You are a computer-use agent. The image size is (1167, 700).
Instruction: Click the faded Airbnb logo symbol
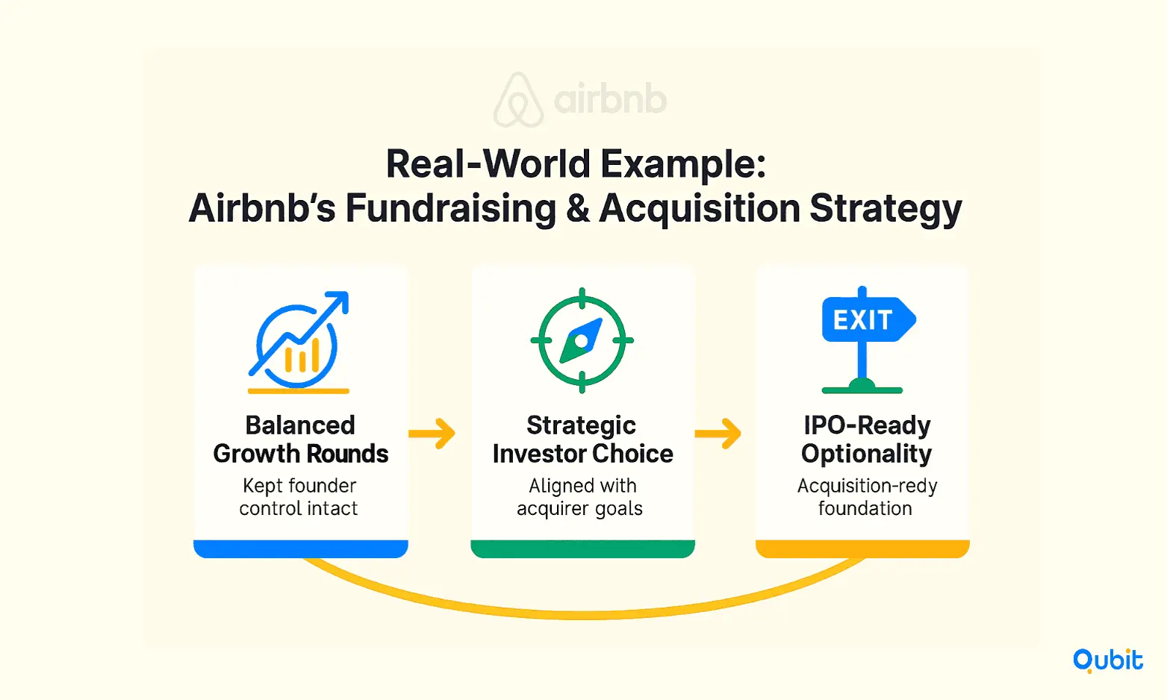[518, 99]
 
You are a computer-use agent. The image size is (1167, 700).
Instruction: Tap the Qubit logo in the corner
[1107, 660]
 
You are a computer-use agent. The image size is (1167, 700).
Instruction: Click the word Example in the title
[683, 165]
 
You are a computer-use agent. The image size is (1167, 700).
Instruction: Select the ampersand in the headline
[577, 208]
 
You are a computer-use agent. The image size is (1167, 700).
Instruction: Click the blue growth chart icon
[299, 342]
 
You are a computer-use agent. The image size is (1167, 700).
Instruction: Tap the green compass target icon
[582, 340]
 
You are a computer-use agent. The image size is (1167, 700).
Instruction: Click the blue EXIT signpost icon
[868, 340]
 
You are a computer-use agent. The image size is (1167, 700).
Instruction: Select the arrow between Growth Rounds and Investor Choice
[432, 434]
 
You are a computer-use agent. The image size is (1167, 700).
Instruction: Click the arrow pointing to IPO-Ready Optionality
[718, 434]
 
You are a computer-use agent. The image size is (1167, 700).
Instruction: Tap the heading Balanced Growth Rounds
[301, 439]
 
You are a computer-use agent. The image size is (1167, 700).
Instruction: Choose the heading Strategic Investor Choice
[582, 439]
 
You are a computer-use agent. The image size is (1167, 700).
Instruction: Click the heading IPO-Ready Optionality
[866, 439]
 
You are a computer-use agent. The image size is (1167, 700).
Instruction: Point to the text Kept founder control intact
[299, 497]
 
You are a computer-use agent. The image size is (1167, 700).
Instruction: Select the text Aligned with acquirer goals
[580, 498]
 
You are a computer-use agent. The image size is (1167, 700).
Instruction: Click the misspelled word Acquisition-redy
[868, 487]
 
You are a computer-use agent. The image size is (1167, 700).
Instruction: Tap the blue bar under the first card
[301, 549]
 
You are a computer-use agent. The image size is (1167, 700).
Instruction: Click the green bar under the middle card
[582, 549]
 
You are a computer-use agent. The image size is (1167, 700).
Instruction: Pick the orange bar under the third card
[862, 549]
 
